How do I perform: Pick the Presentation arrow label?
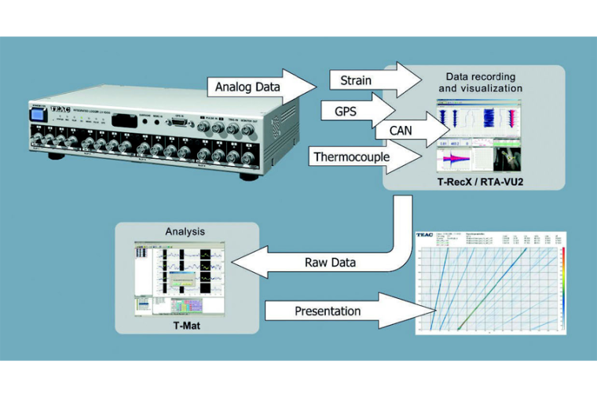pos(328,311)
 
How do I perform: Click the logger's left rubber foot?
pos(56,156)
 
